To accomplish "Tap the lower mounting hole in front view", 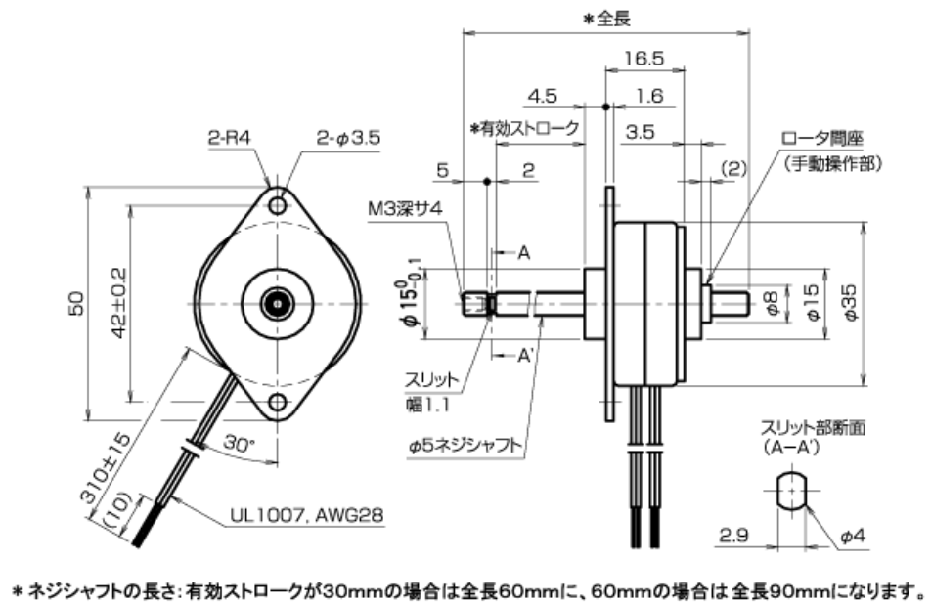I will click(x=280, y=402).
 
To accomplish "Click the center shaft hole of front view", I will click(x=280, y=303).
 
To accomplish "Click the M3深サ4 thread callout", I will click(x=401, y=208).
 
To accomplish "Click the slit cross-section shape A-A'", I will click(x=793, y=490).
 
